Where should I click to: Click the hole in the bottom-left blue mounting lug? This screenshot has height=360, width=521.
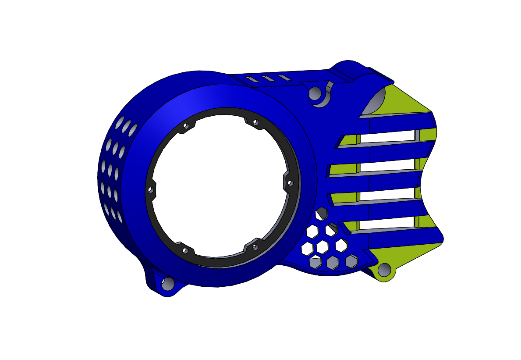coord(167,284)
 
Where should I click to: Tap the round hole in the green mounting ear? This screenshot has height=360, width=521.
coord(384,270)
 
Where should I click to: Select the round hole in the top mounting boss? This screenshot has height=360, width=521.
coord(315,93)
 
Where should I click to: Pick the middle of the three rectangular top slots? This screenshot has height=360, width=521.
coord(268,79)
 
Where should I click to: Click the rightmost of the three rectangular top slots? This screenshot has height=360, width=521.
coord(284,78)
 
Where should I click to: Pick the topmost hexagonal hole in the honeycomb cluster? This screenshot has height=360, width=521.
coord(322,213)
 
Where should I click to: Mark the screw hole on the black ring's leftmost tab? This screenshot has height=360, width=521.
coord(150,190)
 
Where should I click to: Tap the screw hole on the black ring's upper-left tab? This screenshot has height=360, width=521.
coord(185,126)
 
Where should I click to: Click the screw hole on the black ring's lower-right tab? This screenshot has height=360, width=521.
coord(255,247)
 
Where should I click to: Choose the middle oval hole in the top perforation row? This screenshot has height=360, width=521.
coord(125,127)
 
